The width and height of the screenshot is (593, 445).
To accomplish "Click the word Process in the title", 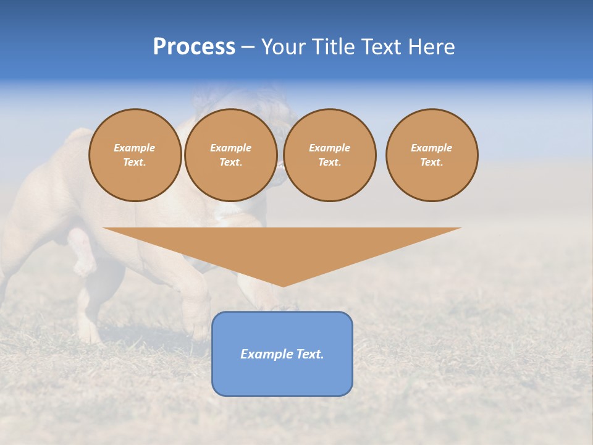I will pyautogui.click(x=194, y=47).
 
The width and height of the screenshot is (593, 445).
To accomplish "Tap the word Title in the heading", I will pyautogui.click(x=334, y=47).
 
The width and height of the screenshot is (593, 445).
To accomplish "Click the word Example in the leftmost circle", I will pyautogui.click(x=135, y=148).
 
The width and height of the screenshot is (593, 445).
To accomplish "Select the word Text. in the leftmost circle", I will pyautogui.click(x=135, y=162).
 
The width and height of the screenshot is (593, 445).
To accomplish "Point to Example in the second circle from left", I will pyautogui.click(x=231, y=148).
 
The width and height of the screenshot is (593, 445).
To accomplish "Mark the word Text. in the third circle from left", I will pyautogui.click(x=330, y=162).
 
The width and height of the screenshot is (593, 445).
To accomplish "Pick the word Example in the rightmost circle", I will pyautogui.click(x=432, y=148).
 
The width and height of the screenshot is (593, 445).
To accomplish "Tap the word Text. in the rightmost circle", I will pyautogui.click(x=432, y=162).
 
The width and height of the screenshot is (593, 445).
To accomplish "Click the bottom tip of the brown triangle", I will pyautogui.click(x=283, y=285).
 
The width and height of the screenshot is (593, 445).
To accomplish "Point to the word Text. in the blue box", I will pyautogui.click(x=309, y=354).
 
